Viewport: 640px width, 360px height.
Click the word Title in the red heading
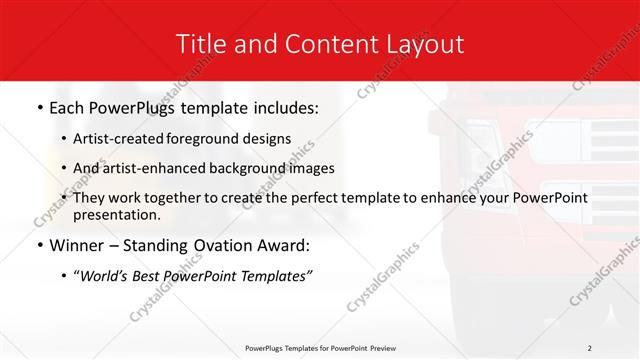pos(199,44)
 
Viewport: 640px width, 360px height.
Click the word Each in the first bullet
pos(68,107)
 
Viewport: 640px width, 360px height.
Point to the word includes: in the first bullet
pos(286,107)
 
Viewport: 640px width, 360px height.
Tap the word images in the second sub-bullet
pos(311,168)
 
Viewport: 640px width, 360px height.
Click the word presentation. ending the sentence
pos(117,214)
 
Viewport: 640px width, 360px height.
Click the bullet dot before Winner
pos(38,246)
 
